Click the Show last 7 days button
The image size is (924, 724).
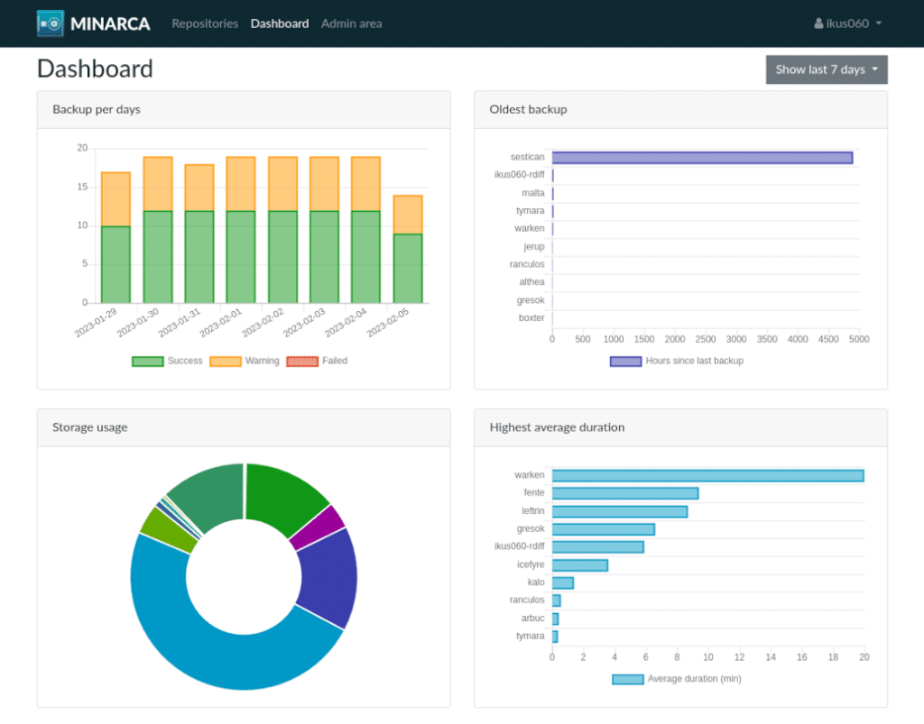pos(826,69)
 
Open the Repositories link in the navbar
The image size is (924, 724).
pos(205,23)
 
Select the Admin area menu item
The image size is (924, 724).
pos(351,23)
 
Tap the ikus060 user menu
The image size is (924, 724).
pos(847,23)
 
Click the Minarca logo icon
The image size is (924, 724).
pos(51,23)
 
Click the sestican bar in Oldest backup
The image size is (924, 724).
pos(702,158)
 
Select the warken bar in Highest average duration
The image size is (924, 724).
pos(707,476)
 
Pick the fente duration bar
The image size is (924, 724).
pos(624,493)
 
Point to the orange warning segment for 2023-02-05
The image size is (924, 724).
pos(408,215)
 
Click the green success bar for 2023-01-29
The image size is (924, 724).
pos(115,264)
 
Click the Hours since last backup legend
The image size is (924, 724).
pos(677,362)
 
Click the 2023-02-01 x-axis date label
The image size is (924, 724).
pos(222,323)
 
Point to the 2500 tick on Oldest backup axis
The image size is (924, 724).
pos(706,340)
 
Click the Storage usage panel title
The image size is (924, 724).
pos(90,427)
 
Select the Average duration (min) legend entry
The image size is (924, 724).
pos(677,679)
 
